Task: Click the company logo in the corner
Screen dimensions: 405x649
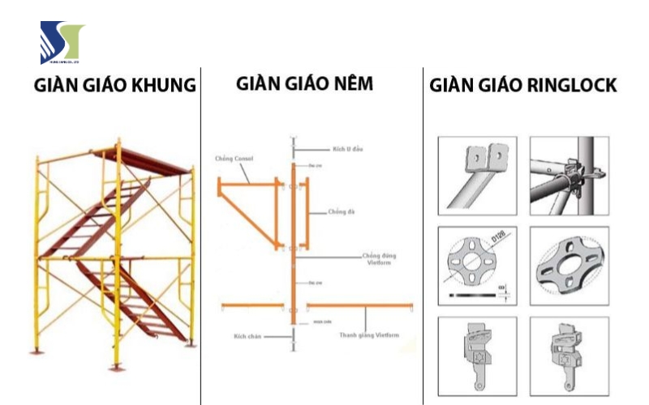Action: [x=62, y=43]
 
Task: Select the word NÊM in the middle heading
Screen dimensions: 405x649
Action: [x=349, y=84]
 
